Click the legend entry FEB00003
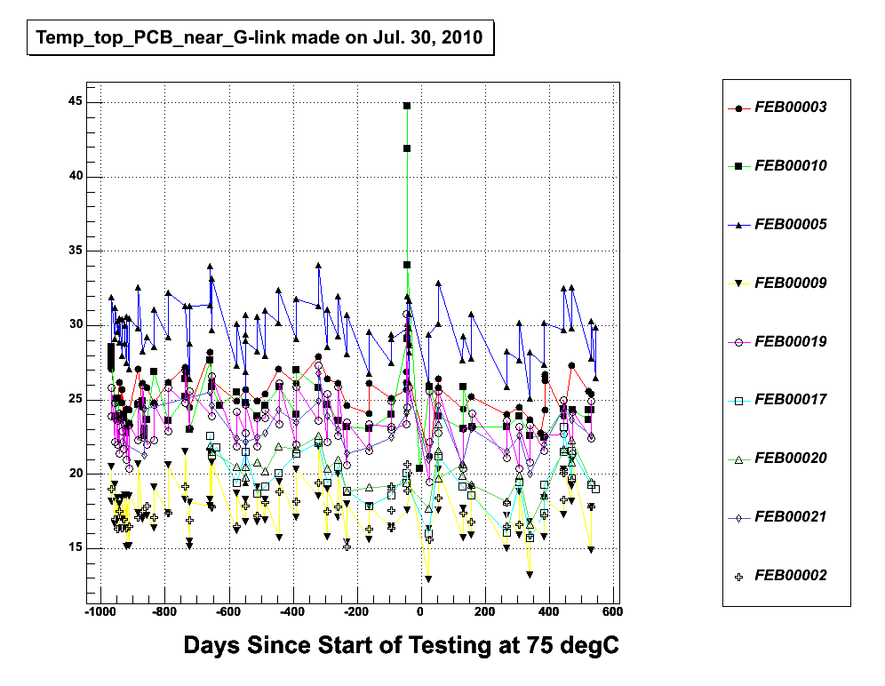(x=790, y=108)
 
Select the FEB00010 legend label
(x=790, y=166)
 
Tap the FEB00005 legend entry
(x=790, y=225)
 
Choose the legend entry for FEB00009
(x=790, y=283)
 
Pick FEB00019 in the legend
(x=790, y=342)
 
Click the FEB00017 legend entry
(x=790, y=400)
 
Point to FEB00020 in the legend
(x=790, y=459)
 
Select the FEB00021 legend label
(x=790, y=517)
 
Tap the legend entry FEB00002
(x=790, y=576)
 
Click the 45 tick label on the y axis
(x=76, y=102)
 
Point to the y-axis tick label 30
(x=76, y=325)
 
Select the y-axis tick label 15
(x=76, y=548)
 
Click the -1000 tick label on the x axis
(x=100, y=612)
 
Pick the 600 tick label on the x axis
(x=613, y=612)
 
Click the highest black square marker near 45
(x=407, y=106)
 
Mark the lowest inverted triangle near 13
(x=428, y=579)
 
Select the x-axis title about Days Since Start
(x=401, y=646)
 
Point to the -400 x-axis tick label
(x=291, y=612)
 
